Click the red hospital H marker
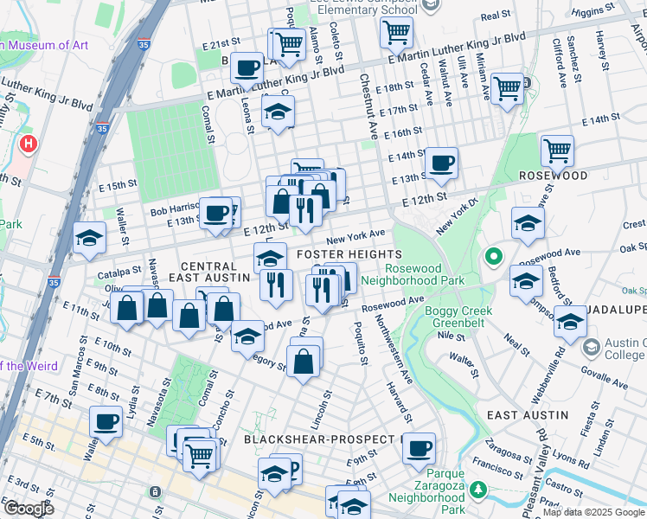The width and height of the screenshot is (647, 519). click(29, 143)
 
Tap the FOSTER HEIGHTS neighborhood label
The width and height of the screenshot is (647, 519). click(349, 254)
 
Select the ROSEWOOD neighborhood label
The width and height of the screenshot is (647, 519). click(553, 176)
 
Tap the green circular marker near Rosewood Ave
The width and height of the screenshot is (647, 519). click(494, 256)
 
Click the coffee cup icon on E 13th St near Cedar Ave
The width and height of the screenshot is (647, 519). click(441, 163)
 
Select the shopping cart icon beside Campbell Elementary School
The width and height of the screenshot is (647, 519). click(395, 33)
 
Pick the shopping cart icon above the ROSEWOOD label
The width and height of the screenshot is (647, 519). click(557, 151)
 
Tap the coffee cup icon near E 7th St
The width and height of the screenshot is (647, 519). click(106, 422)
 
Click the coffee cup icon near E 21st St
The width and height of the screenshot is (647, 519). click(247, 67)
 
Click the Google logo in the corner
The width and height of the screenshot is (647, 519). click(28, 509)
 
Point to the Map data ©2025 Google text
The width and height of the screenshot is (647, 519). click(593, 512)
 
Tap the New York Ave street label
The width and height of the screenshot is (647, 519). click(356, 235)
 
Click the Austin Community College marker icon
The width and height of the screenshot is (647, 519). click(592, 348)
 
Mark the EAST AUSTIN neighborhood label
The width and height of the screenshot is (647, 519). click(528, 415)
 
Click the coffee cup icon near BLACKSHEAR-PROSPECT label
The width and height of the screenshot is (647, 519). click(420, 448)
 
